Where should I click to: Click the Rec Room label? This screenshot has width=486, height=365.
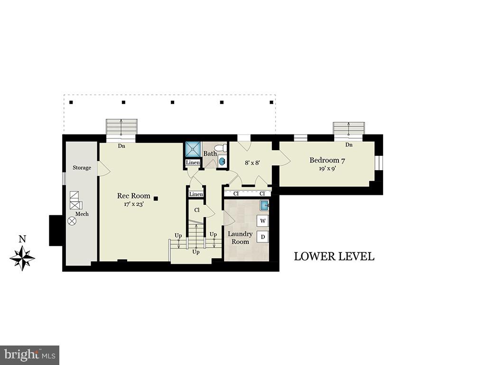pyautogui.click(x=134, y=196)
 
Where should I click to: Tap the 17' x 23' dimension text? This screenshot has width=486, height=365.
pyautogui.click(x=134, y=204)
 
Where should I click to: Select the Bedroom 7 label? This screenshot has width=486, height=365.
pyautogui.click(x=327, y=161)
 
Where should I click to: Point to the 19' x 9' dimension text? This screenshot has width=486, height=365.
pyautogui.click(x=327, y=169)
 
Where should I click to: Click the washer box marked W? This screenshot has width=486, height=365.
pyautogui.click(x=262, y=221)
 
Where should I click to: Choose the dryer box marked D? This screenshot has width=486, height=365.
pyautogui.click(x=262, y=237)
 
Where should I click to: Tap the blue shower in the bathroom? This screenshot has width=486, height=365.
pyautogui.click(x=193, y=149)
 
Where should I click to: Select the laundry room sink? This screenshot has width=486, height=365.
pyautogui.click(x=264, y=206)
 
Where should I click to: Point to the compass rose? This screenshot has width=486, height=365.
pyautogui.click(x=22, y=259)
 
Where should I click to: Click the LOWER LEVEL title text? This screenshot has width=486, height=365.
pyautogui.click(x=334, y=257)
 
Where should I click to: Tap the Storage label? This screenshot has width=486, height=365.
pyautogui.click(x=82, y=168)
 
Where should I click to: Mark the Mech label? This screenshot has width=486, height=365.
pyautogui.click(x=82, y=214)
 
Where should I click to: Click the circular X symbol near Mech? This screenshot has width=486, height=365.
pyautogui.click(x=72, y=221)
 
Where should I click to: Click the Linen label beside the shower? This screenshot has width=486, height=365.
pyautogui.click(x=193, y=163)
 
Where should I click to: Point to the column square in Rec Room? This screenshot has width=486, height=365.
pyautogui.click(x=156, y=199)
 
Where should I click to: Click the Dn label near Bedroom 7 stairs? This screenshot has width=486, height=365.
pyautogui.click(x=349, y=145)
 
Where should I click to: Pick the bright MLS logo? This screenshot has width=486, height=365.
pyautogui.click(x=29, y=355)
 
